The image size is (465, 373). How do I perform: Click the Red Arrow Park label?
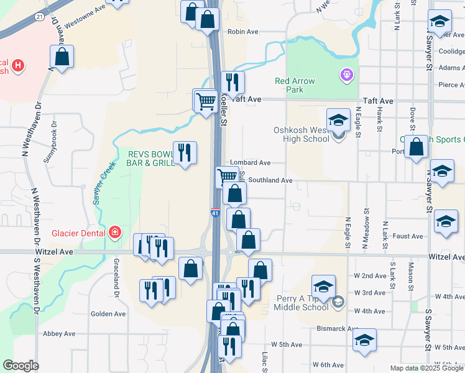click(295, 85)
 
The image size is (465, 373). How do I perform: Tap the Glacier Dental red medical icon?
click(114, 233)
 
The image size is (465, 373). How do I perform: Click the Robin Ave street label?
click(242, 32)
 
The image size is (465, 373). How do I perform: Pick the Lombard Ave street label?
click(251, 163)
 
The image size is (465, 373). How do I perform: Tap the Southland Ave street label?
click(270, 180)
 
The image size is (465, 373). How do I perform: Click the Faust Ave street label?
click(408, 236)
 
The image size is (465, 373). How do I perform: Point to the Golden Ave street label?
click(109, 314)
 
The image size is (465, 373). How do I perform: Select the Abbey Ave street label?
click(59, 334)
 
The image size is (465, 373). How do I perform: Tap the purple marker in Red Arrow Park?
click(346, 76)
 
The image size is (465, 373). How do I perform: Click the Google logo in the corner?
click(21, 366)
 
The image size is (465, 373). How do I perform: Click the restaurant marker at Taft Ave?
click(233, 81)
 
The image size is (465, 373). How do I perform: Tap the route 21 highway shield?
click(39, 17)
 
